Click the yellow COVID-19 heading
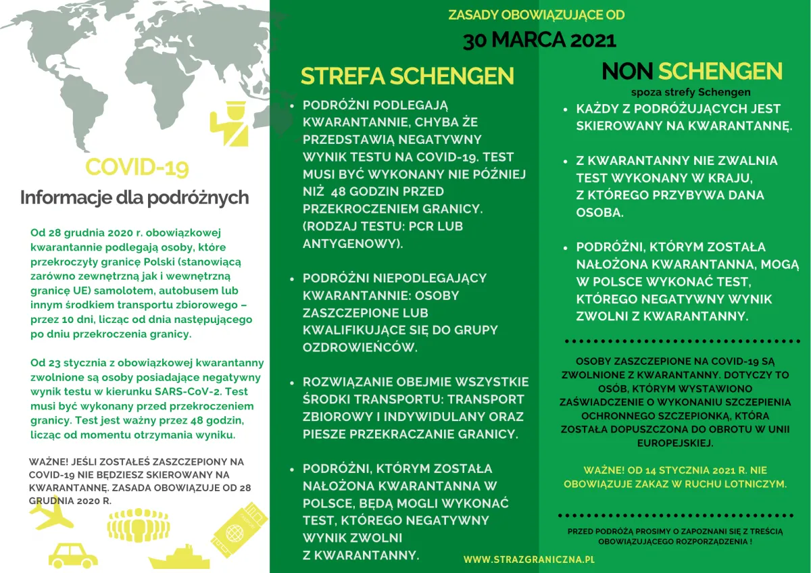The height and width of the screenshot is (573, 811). [x=137, y=167]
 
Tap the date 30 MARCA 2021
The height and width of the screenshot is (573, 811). [x=539, y=40]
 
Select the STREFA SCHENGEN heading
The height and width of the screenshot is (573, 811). [x=407, y=76]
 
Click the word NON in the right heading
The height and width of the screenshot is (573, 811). [x=628, y=72]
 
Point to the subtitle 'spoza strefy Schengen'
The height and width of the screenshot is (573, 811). [x=690, y=92]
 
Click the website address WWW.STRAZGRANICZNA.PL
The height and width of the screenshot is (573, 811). [x=529, y=559]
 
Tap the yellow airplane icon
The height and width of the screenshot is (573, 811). [x=51, y=515]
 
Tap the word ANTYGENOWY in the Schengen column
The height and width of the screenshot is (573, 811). [x=352, y=244]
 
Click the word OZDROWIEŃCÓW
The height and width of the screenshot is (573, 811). [x=360, y=348]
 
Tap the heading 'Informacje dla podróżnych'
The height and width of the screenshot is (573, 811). [x=134, y=198]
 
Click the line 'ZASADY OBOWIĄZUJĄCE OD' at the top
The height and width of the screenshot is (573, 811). [x=537, y=15]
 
